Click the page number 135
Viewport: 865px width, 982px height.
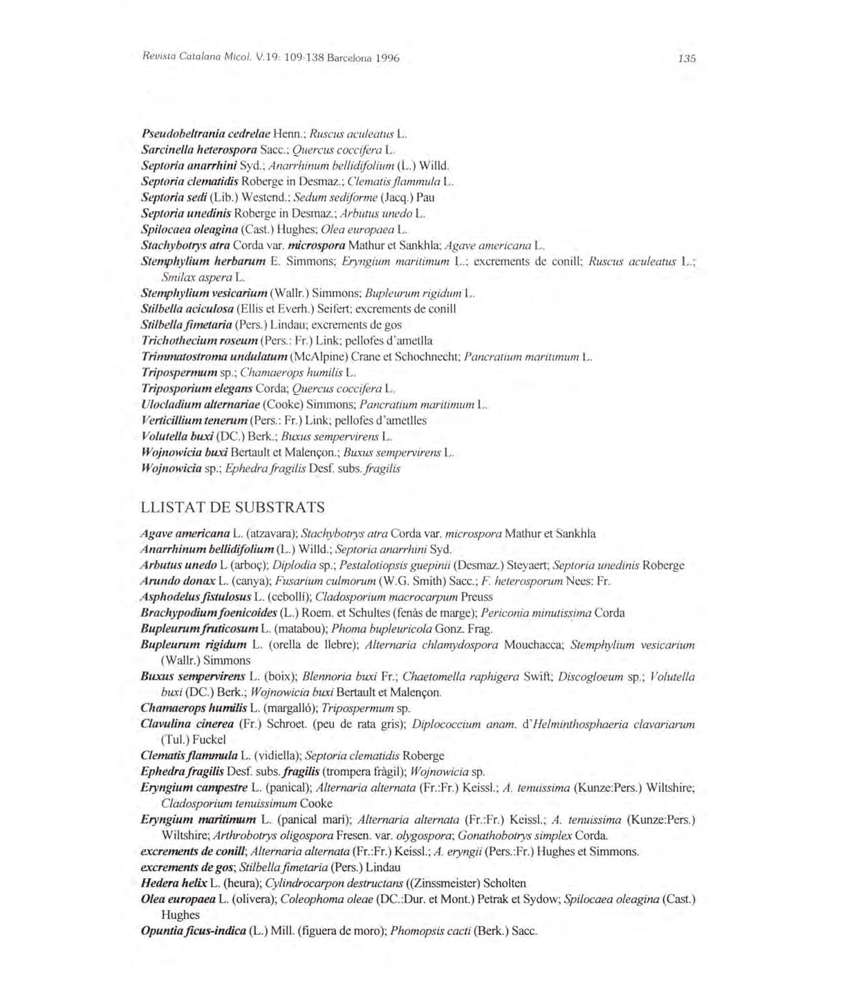687,59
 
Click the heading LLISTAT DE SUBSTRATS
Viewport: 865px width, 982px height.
232,508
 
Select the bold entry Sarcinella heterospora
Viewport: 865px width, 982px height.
199,149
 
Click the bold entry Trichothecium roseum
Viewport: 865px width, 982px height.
199,340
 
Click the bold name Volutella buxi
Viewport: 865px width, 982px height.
178,436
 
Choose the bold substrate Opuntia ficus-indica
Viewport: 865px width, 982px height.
193,931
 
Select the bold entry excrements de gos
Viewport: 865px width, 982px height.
185,867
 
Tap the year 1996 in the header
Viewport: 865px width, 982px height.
385,59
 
